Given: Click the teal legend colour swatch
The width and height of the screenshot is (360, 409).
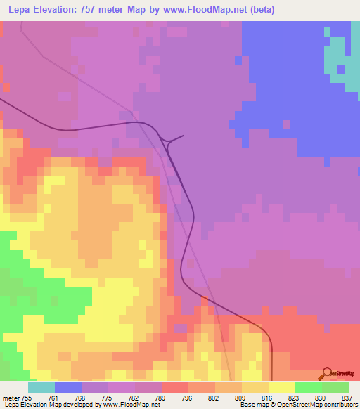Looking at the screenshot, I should [x=41, y=387].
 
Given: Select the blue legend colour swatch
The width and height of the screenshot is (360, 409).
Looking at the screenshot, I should [x=68, y=387].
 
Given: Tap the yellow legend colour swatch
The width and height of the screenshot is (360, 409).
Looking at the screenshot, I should [x=282, y=387].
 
